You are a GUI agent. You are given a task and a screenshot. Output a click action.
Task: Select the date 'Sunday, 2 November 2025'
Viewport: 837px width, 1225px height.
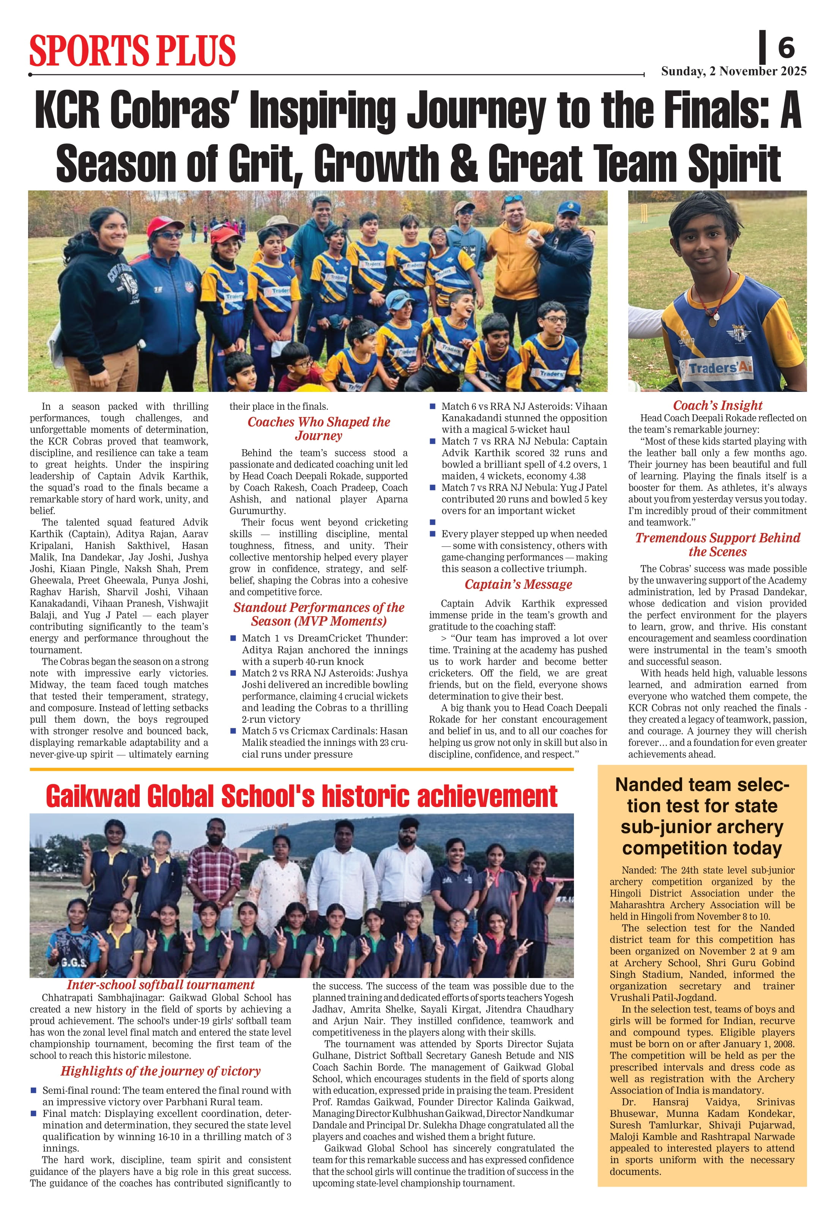click(x=734, y=71)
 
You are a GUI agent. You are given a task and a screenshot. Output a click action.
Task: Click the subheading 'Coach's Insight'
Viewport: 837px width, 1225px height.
click(x=717, y=405)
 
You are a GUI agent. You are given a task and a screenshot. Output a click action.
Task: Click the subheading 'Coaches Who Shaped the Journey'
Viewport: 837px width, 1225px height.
click(x=318, y=429)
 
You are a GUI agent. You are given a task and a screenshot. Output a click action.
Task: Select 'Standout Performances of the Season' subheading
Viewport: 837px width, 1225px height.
click(x=318, y=614)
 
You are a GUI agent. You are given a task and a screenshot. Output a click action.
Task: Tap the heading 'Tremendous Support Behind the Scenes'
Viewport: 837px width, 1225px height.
click(x=717, y=544)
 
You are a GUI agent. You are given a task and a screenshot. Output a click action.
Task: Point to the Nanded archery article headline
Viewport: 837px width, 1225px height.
click(x=702, y=816)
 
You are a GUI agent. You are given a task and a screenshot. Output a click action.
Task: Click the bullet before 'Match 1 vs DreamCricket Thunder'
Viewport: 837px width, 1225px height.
click(x=233, y=638)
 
